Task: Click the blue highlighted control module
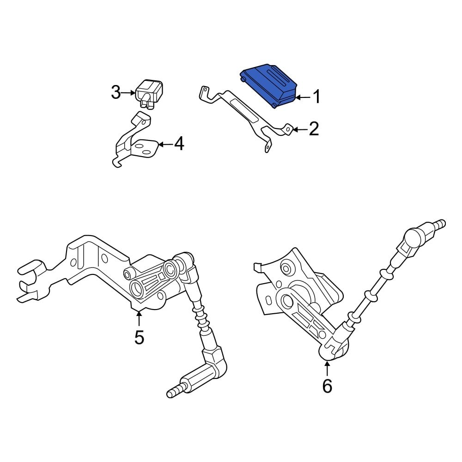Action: pyautogui.click(x=268, y=83)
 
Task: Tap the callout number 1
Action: pyautogui.click(x=316, y=97)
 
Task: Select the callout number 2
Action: pyautogui.click(x=314, y=129)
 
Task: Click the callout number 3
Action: pyautogui.click(x=116, y=93)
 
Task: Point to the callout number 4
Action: pyautogui.click(x=178, y=145)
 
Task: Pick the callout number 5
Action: pyautogui.click(x=139, y=337)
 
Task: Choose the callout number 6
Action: pyautogui.click(x=327, y=386)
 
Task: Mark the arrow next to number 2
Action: pyautogui.click(x=300, y=130)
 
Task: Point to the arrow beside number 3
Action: pyautogui.click(x=129, y=93)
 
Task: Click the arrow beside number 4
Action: pyautogui.click(x=165, y=145)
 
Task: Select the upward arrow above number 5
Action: pyautogui.click(x=139, y=319)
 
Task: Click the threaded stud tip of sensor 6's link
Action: pyautogui.click(x=439, y=224)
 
